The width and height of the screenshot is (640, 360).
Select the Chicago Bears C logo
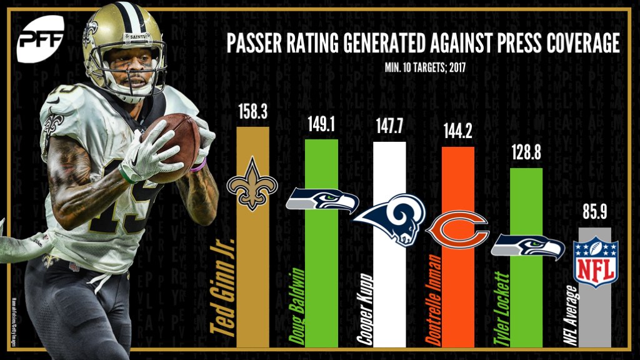457,227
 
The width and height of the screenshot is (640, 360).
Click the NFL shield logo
591,262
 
